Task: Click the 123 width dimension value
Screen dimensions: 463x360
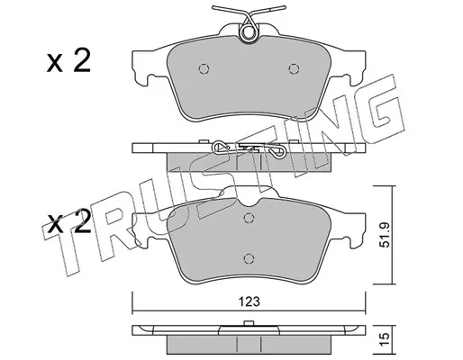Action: (250, 301)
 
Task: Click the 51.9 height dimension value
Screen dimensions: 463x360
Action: (385, 235)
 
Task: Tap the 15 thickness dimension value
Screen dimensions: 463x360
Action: (385, 338)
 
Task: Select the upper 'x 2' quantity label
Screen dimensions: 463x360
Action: (68, 61)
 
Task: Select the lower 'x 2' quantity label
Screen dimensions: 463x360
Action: (68, 223)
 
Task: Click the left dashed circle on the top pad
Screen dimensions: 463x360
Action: (204, 69)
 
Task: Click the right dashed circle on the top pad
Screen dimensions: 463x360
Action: (294, 69)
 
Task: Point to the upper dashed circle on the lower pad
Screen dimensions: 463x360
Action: (249, 218)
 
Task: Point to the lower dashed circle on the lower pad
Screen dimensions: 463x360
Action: (249, 258)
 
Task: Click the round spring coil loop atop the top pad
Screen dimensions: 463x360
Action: (249, 32)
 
